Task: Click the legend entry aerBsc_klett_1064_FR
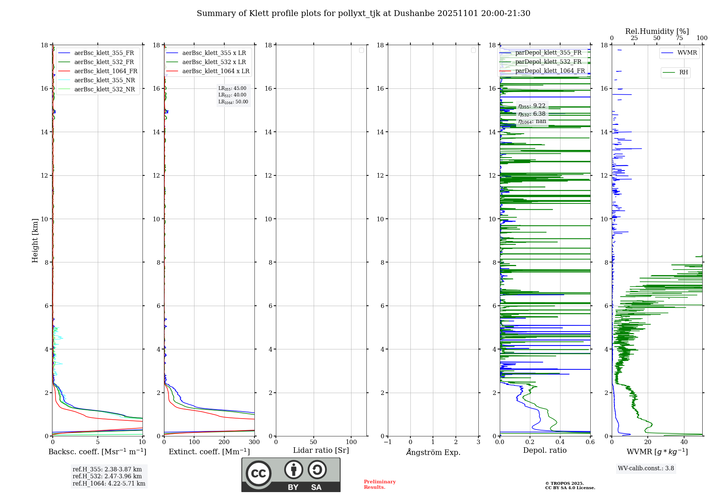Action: click(105, 71)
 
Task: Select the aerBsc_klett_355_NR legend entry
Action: click(104, 80)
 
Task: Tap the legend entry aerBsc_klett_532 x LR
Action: click(214, 62)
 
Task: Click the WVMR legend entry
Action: click(687, 53)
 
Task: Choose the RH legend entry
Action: click(683, 72)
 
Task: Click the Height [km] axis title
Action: click(35, 240)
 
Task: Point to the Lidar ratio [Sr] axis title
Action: click(321, 450)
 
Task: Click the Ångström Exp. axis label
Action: click(433, 452)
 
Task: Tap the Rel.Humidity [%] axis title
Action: click(657, 31)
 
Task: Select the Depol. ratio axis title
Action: click(545, 450)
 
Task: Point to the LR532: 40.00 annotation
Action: click(232, 95)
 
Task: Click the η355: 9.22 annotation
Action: click(532, 106)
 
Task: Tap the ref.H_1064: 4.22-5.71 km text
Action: click(109, 483)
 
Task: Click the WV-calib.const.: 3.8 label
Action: click(646, 468)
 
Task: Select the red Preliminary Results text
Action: click(379, 484)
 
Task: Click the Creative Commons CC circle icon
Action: click(258, 474)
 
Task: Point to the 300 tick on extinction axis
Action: click(254, 442)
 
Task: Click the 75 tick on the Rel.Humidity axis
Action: click(679, 38)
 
